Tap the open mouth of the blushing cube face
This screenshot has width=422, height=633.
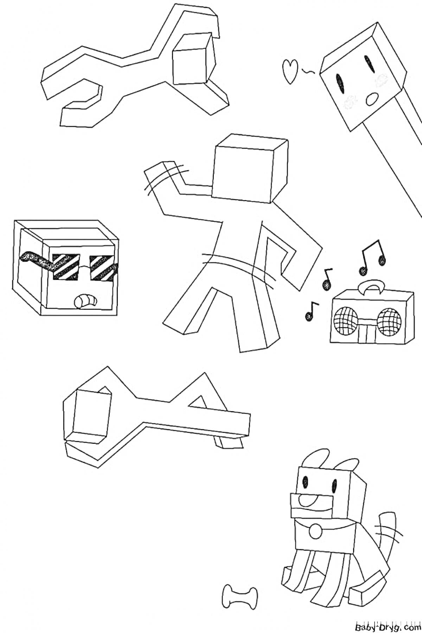371,100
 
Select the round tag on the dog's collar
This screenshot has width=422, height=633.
315,542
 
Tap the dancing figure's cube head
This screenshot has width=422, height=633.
251,169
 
